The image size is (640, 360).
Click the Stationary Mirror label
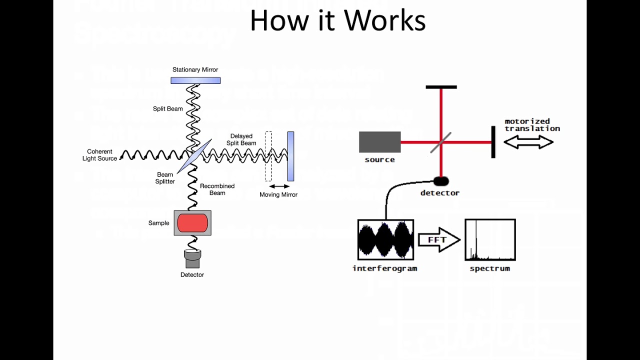pyautogui.click(x=195, y=70)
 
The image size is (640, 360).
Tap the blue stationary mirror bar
pyautogui.click(x=195, y=80)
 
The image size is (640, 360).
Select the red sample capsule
pyautogui.click(x=192, y=223)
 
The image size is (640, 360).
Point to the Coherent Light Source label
pyautogui.click(x=100, y=155)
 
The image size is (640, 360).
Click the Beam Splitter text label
pyautogui.click(x=165, y=178)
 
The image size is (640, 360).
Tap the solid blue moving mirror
pyautogui.click(x=290, y=156)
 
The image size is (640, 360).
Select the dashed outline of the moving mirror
pyautogui.click(x=268, y=156)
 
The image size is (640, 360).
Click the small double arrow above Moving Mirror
pyautogui.click(x=279, y=186)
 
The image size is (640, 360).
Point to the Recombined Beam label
pyautogui.click(x=217, y=189)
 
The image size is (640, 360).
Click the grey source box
pyautogui.click(x=380, y=142)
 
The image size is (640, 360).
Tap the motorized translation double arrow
pyautogui.click(x=528, y=142)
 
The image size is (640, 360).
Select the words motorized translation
pyautogui.click(x=531, y=125)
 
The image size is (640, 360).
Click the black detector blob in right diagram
pyautogui.click(x=440, y=181)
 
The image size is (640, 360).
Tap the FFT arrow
pyautogui.click(x=438, y=240)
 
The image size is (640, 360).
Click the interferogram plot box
pyautogui.click(x=385, y=240)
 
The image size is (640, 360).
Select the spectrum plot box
pyautogui.click(x=490, y=240)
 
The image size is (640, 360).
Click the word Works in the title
pyautogui.click(x=385, y=21)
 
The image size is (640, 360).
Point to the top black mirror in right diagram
pyautogui.click(x=441, y=87)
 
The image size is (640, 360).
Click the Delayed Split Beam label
pyautogui.click(x=241, y=139)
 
